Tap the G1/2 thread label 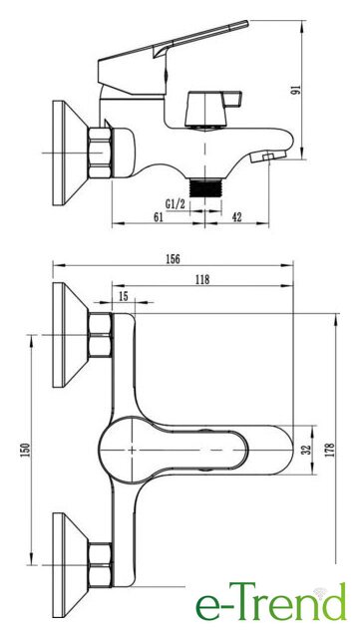[176, 203]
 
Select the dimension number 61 [158, 216]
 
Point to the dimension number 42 [236, 217]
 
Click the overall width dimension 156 [174, 259]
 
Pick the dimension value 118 [202, 279]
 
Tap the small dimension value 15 [123, 296]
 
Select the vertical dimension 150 [25, 450]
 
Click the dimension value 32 [307, 450]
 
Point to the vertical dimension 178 [330, 450]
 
